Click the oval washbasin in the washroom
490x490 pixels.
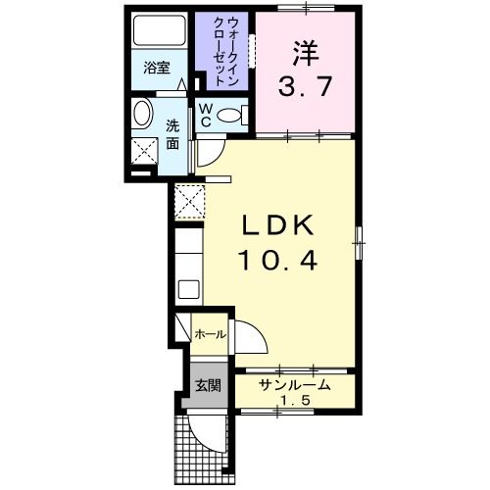click(x=142, y=116)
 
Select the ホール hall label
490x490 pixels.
click(x=211, y=335)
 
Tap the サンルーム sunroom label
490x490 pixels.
click(x=294, y=386)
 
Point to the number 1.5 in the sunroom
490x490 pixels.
click(x=294, y=402)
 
